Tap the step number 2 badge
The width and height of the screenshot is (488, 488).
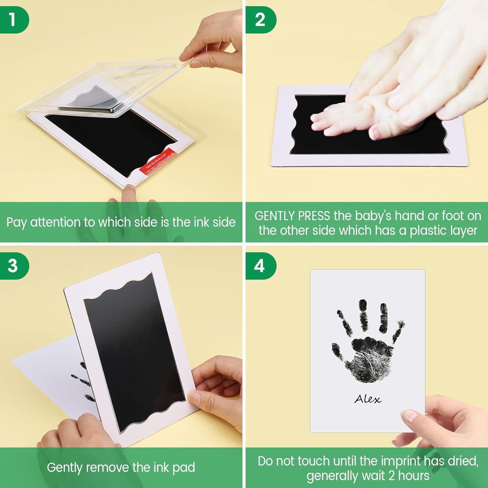[260, 20]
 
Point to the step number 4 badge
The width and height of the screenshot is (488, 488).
[260, 265]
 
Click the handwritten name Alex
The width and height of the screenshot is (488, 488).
[368, 399]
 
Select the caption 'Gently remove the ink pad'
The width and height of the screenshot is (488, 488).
[121, 468]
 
